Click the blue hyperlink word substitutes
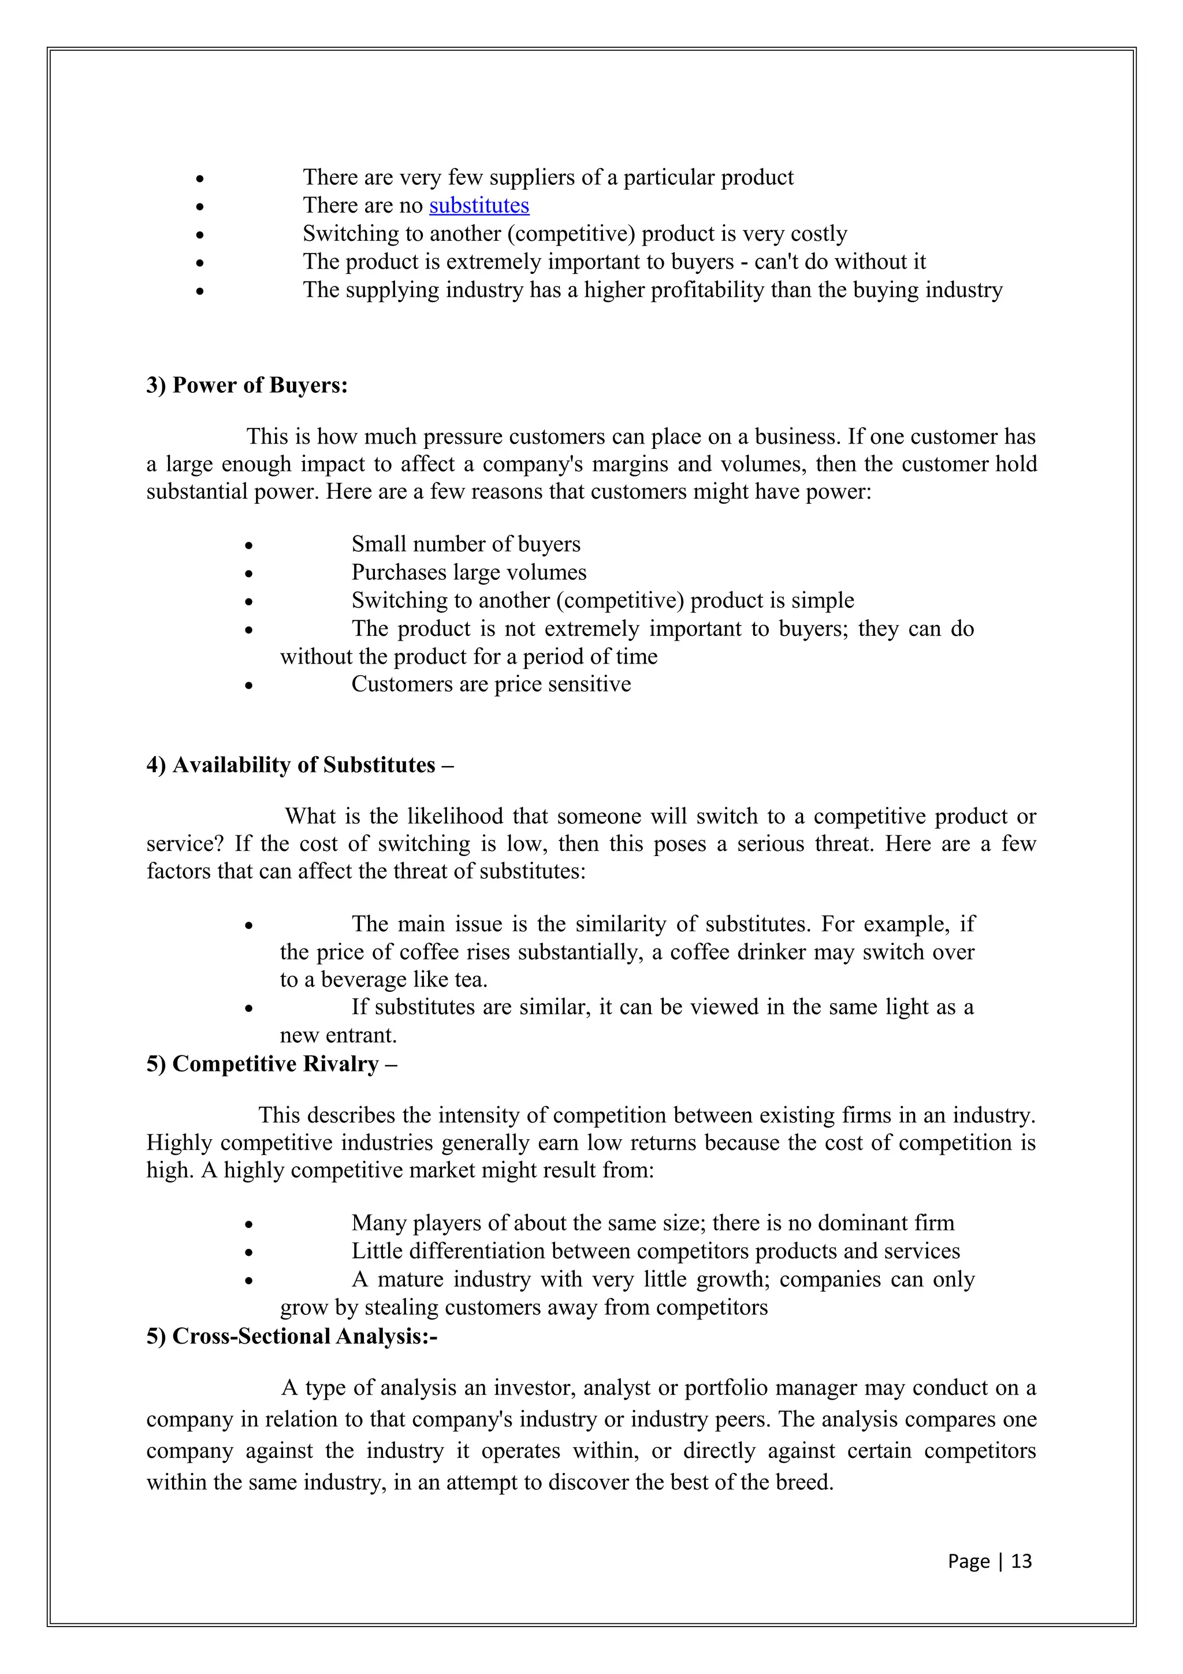(479, 206)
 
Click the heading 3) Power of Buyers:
(247, 385)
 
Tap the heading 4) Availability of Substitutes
(300, 765)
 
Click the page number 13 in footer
(1022, 1560)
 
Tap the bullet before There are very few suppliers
(200, 178)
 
